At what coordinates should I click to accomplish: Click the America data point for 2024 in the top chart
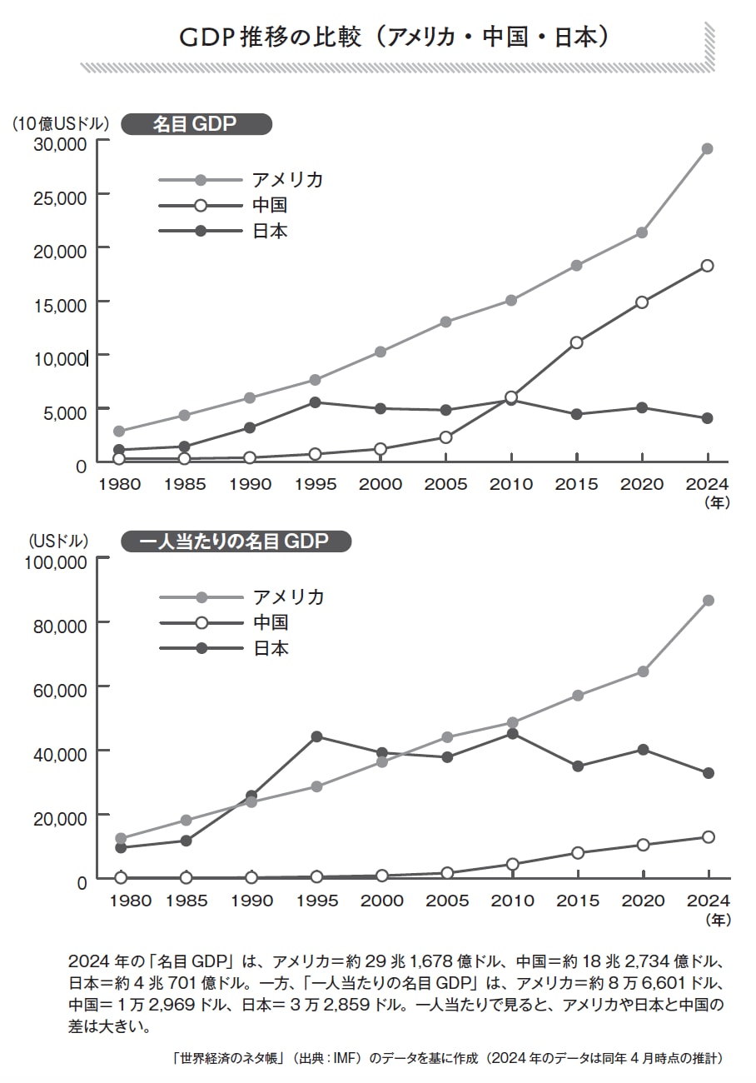[707, 149]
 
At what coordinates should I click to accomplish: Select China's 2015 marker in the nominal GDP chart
[576, 342]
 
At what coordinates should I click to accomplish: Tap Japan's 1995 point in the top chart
[315, 402]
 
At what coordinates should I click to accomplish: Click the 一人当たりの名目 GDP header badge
[236, 542]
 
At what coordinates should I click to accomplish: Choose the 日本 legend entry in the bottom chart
[271, 648]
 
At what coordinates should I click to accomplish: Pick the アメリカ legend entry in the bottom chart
[288, 596]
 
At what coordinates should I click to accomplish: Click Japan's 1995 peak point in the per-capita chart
[316, 736]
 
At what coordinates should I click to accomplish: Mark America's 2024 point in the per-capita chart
[709, 601]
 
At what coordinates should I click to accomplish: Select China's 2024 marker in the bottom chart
[709, 837]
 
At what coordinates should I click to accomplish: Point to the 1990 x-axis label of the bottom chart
[251, 901]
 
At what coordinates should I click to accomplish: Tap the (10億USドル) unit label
[61, 124]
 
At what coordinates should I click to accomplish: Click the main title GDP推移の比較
[396, 37]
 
